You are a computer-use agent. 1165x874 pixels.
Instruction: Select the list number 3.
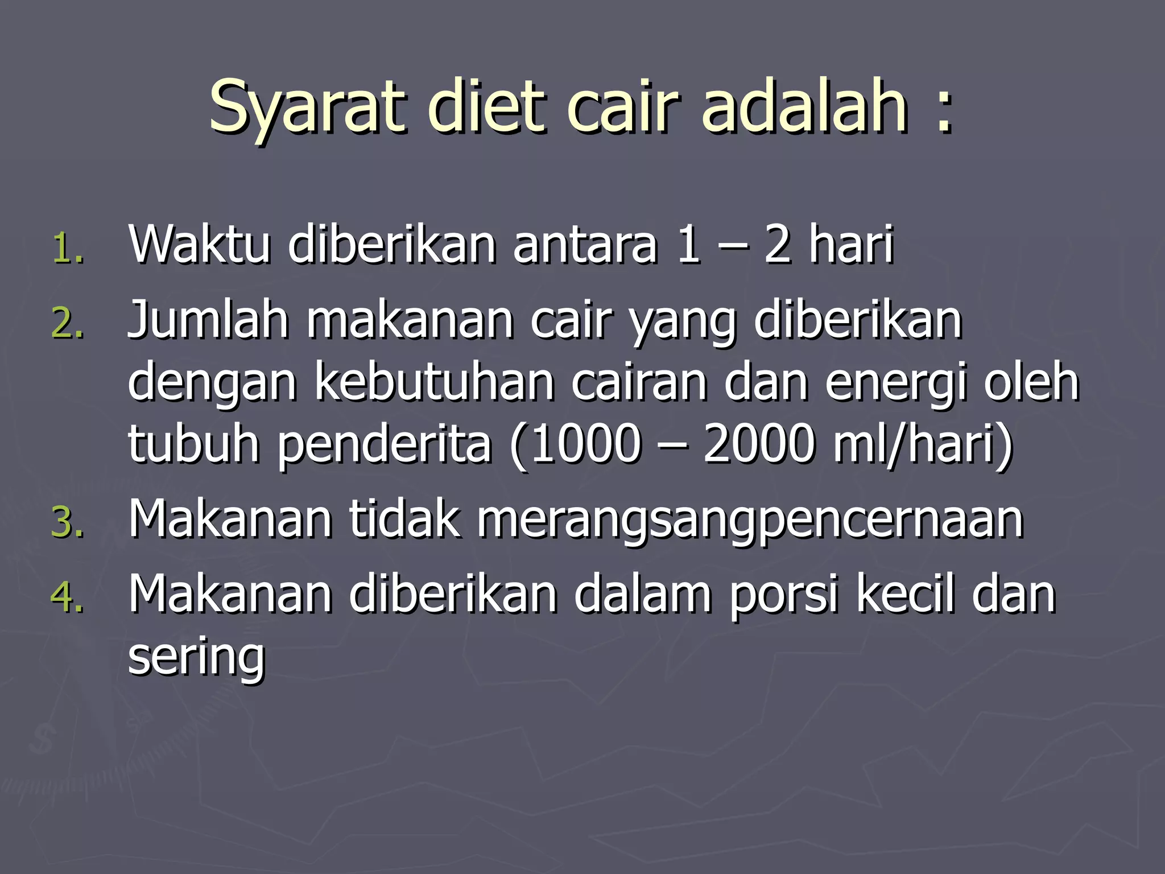(x=68, y=523)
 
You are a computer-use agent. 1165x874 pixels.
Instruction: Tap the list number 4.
(x=68, y=598)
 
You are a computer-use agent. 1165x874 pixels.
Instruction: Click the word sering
(x=197, y=658)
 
